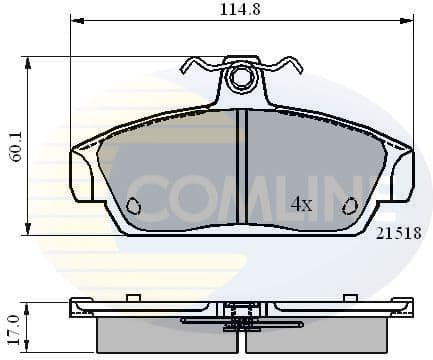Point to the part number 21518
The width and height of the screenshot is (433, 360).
coord(398,232)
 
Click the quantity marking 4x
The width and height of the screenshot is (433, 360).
coord(301,204)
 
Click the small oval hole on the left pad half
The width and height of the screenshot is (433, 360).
coord(135,207)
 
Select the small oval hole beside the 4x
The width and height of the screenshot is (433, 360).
coord(350,206)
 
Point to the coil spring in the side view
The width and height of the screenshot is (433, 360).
coord(240,319)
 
